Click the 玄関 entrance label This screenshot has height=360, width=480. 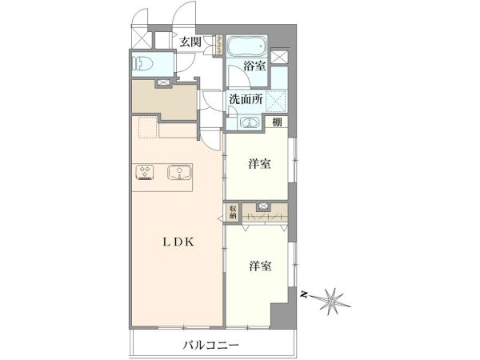tap(190, 42)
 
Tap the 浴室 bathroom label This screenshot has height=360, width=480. tap(254, 66)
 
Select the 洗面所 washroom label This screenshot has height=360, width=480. tap(246, 99)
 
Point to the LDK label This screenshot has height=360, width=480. tap(178, 242)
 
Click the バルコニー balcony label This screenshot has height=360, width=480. tap(211, 346)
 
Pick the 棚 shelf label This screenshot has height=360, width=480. tap(277, 122)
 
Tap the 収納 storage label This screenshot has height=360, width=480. tap(233, 211)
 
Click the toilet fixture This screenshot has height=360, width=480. tap(142, 65)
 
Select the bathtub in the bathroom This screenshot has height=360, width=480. tap(247, 46)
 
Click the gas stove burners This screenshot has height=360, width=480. tap(145, 172)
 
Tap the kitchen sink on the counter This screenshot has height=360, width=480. tap(179, 172)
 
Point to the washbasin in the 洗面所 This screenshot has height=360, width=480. tap(250, 122)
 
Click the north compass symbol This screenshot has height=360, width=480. tap(333, 302)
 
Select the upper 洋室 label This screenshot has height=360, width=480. tap(259, 164)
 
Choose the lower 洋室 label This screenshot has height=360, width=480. tap(260, 266)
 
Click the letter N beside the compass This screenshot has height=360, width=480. tap(304, 294)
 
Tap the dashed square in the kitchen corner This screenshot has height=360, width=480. tap(148, 127)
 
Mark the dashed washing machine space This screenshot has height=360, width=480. tap(277, 100)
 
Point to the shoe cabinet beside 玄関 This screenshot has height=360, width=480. tap(219, 45)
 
